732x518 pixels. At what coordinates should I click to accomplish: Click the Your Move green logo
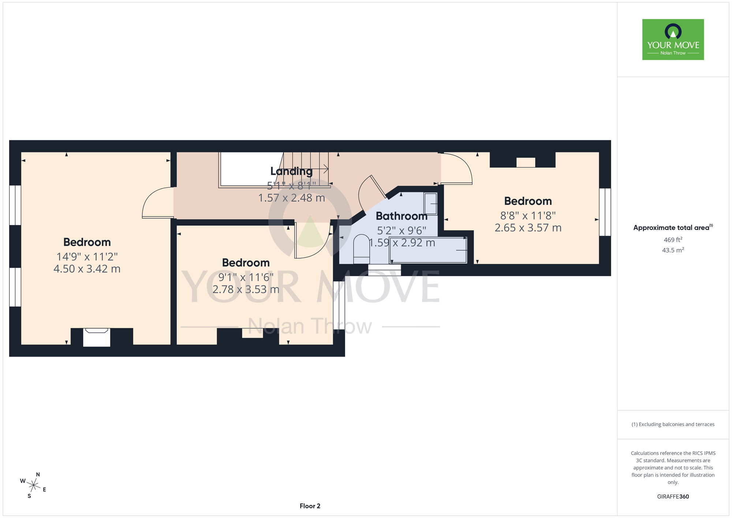pos(673,40)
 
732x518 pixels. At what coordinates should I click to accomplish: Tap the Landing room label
pos(291,171)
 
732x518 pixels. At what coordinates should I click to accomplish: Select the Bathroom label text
pos(402,216)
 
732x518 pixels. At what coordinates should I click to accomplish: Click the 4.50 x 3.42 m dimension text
pos(87,269)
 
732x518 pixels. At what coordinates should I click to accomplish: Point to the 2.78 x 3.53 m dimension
pos(246,289)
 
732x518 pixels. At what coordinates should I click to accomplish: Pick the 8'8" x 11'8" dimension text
pos(528,216)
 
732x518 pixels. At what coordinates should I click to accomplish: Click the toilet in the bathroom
pos(362,249)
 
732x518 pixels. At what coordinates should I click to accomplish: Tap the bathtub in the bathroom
pos(428,250)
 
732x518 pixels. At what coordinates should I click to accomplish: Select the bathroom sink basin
pos(430,204)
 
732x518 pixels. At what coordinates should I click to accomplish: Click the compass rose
pos(33,486)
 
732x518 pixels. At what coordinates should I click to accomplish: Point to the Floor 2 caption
pos(310,506)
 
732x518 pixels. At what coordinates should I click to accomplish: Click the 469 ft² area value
pos(673,240)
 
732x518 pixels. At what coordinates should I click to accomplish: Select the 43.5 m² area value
pos(673,250)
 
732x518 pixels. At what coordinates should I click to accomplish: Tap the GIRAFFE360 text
pos(673,497)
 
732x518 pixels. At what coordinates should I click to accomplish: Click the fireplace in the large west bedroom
pos(97,337)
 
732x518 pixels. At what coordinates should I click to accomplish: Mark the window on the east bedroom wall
pos(605,212)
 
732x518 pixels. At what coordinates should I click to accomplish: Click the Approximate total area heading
pos(673,227)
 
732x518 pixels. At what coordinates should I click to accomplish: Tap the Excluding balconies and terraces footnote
pos(673,424)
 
